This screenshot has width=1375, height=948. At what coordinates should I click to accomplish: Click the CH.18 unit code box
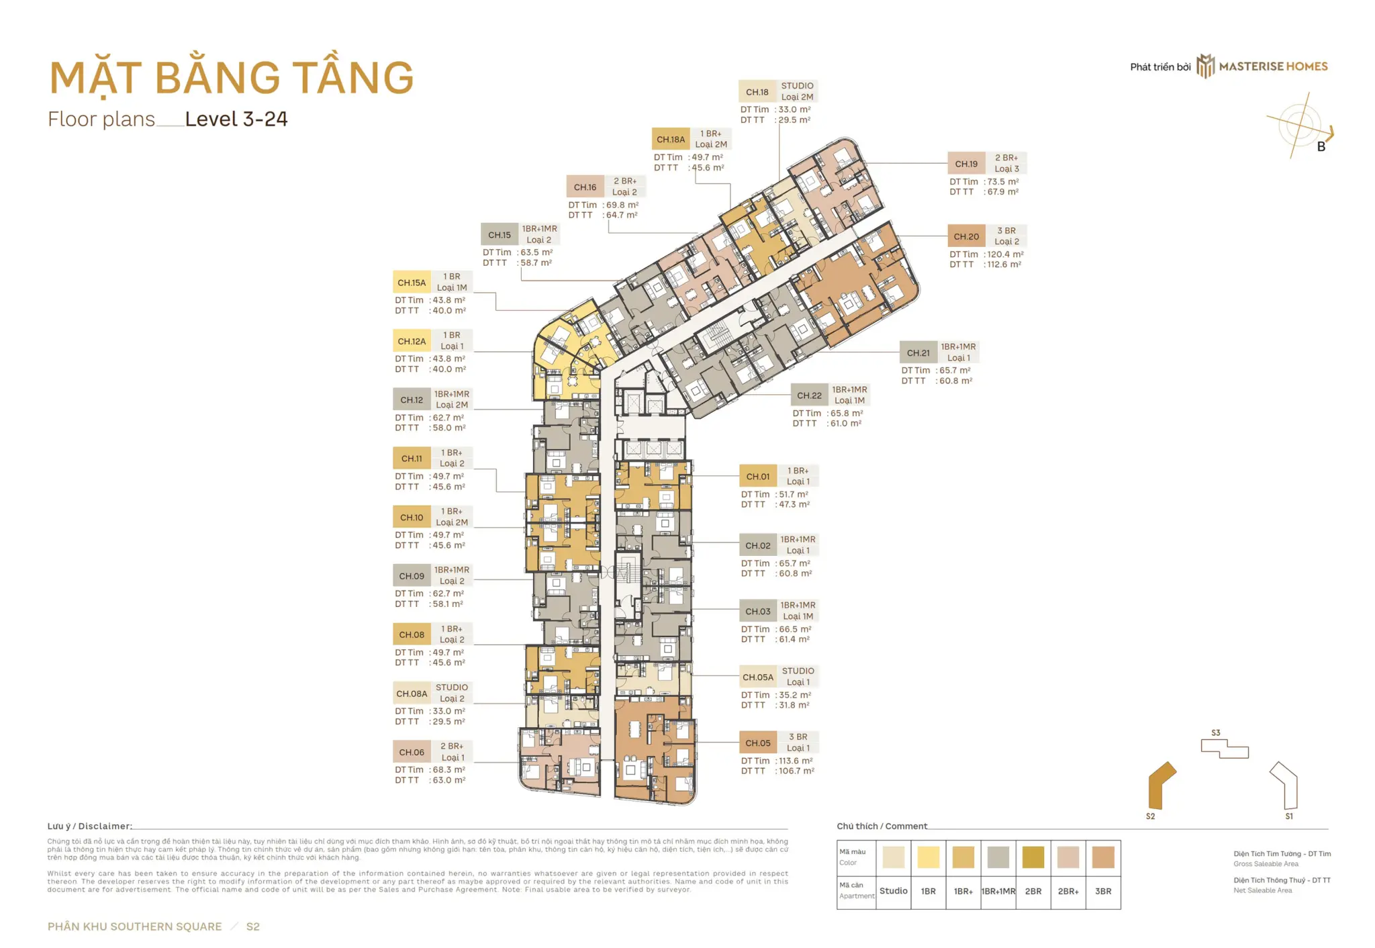tap(757, 92)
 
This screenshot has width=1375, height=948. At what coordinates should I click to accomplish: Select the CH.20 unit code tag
tap(966, 236)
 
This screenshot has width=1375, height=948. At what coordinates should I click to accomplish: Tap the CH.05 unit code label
tap(757, 743)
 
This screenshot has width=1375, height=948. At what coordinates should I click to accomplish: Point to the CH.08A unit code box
tap(412, 694)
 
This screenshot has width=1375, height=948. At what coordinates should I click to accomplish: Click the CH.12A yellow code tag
tap(412, 341)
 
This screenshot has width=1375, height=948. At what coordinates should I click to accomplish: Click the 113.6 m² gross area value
tap(796, 761)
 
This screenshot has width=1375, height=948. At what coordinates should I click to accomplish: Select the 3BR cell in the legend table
tap(1103, 892)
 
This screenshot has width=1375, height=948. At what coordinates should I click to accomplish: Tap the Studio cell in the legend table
tap(894, 892)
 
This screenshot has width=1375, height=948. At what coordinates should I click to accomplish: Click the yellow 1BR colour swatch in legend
tap(929, 857)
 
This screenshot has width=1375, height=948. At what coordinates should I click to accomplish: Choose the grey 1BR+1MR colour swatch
tap(998, 857)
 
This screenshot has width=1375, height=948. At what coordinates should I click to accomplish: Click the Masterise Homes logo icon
tap(1206, 66)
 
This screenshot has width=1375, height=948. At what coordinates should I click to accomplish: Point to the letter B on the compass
tap(1321, 147)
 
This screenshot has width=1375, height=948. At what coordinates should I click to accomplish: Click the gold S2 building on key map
tap(1161, 786)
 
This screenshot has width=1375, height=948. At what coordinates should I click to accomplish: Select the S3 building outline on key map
tap(1224, 748)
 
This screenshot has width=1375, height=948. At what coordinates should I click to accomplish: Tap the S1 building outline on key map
tap(1286, 784)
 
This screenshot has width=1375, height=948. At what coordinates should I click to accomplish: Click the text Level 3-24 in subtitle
tap(236, 120)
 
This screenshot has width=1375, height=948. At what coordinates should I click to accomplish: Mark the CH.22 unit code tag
tap(809, 395)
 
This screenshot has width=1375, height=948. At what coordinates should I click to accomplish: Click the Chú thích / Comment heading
tap(882, 826)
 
